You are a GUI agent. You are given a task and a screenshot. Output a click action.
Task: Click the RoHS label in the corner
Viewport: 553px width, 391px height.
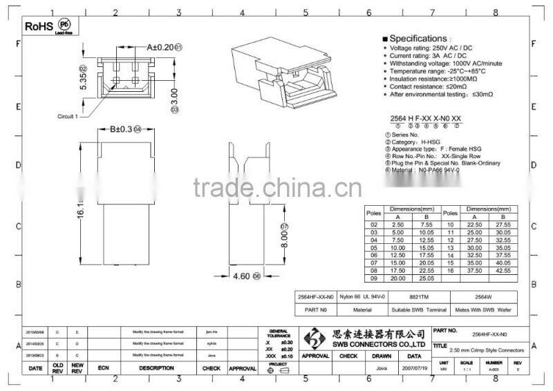point(38,26)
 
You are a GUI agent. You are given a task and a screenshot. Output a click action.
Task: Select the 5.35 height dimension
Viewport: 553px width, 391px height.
point(83,82)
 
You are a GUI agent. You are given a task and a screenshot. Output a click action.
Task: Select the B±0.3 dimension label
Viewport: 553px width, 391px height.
point(120,129)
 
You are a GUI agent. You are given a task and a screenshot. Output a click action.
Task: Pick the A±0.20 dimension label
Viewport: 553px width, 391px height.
point(160,48)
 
